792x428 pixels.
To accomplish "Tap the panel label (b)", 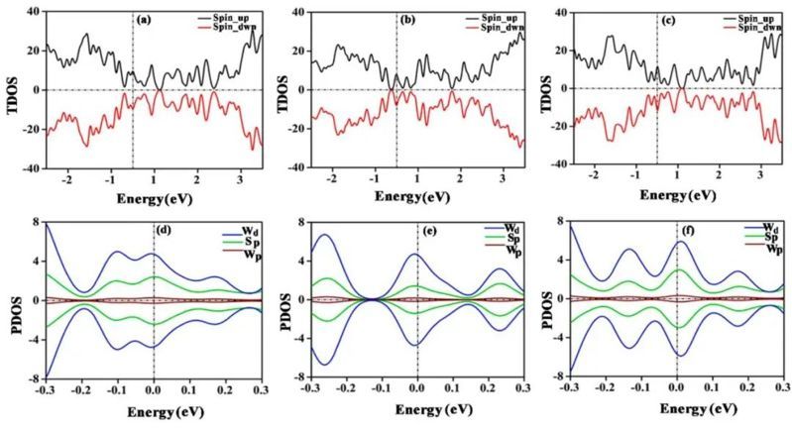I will coord(413,20).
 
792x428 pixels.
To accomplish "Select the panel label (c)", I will coord(676,20).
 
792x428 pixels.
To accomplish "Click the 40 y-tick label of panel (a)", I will coord(31,13).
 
